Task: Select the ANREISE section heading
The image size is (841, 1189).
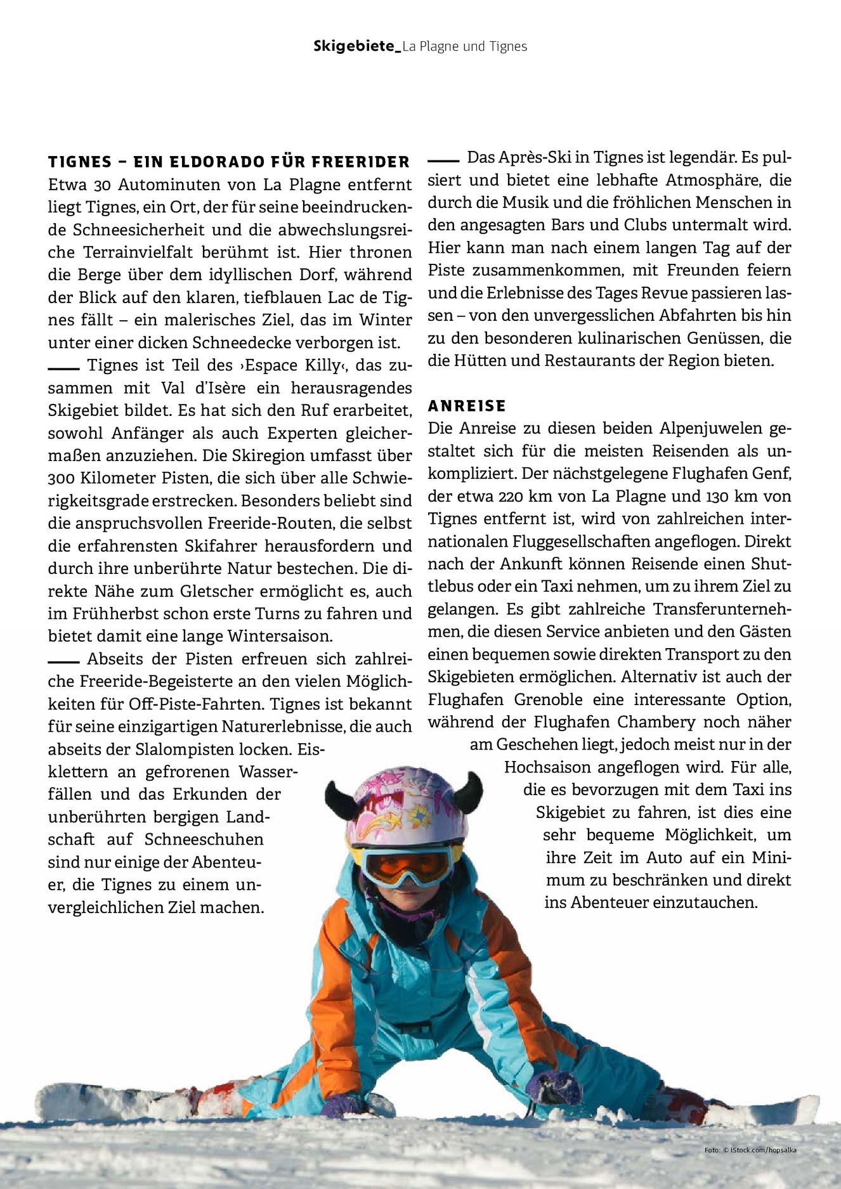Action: point(467,406)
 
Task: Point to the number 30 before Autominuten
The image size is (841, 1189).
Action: point(102,185)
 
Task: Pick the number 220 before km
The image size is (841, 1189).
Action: point(511,496)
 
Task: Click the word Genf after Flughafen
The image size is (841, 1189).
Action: point(772,473)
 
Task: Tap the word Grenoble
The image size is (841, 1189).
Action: point(548,699)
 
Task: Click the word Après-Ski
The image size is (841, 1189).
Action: point(526,157)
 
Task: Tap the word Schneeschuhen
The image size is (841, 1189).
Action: point(204,840)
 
